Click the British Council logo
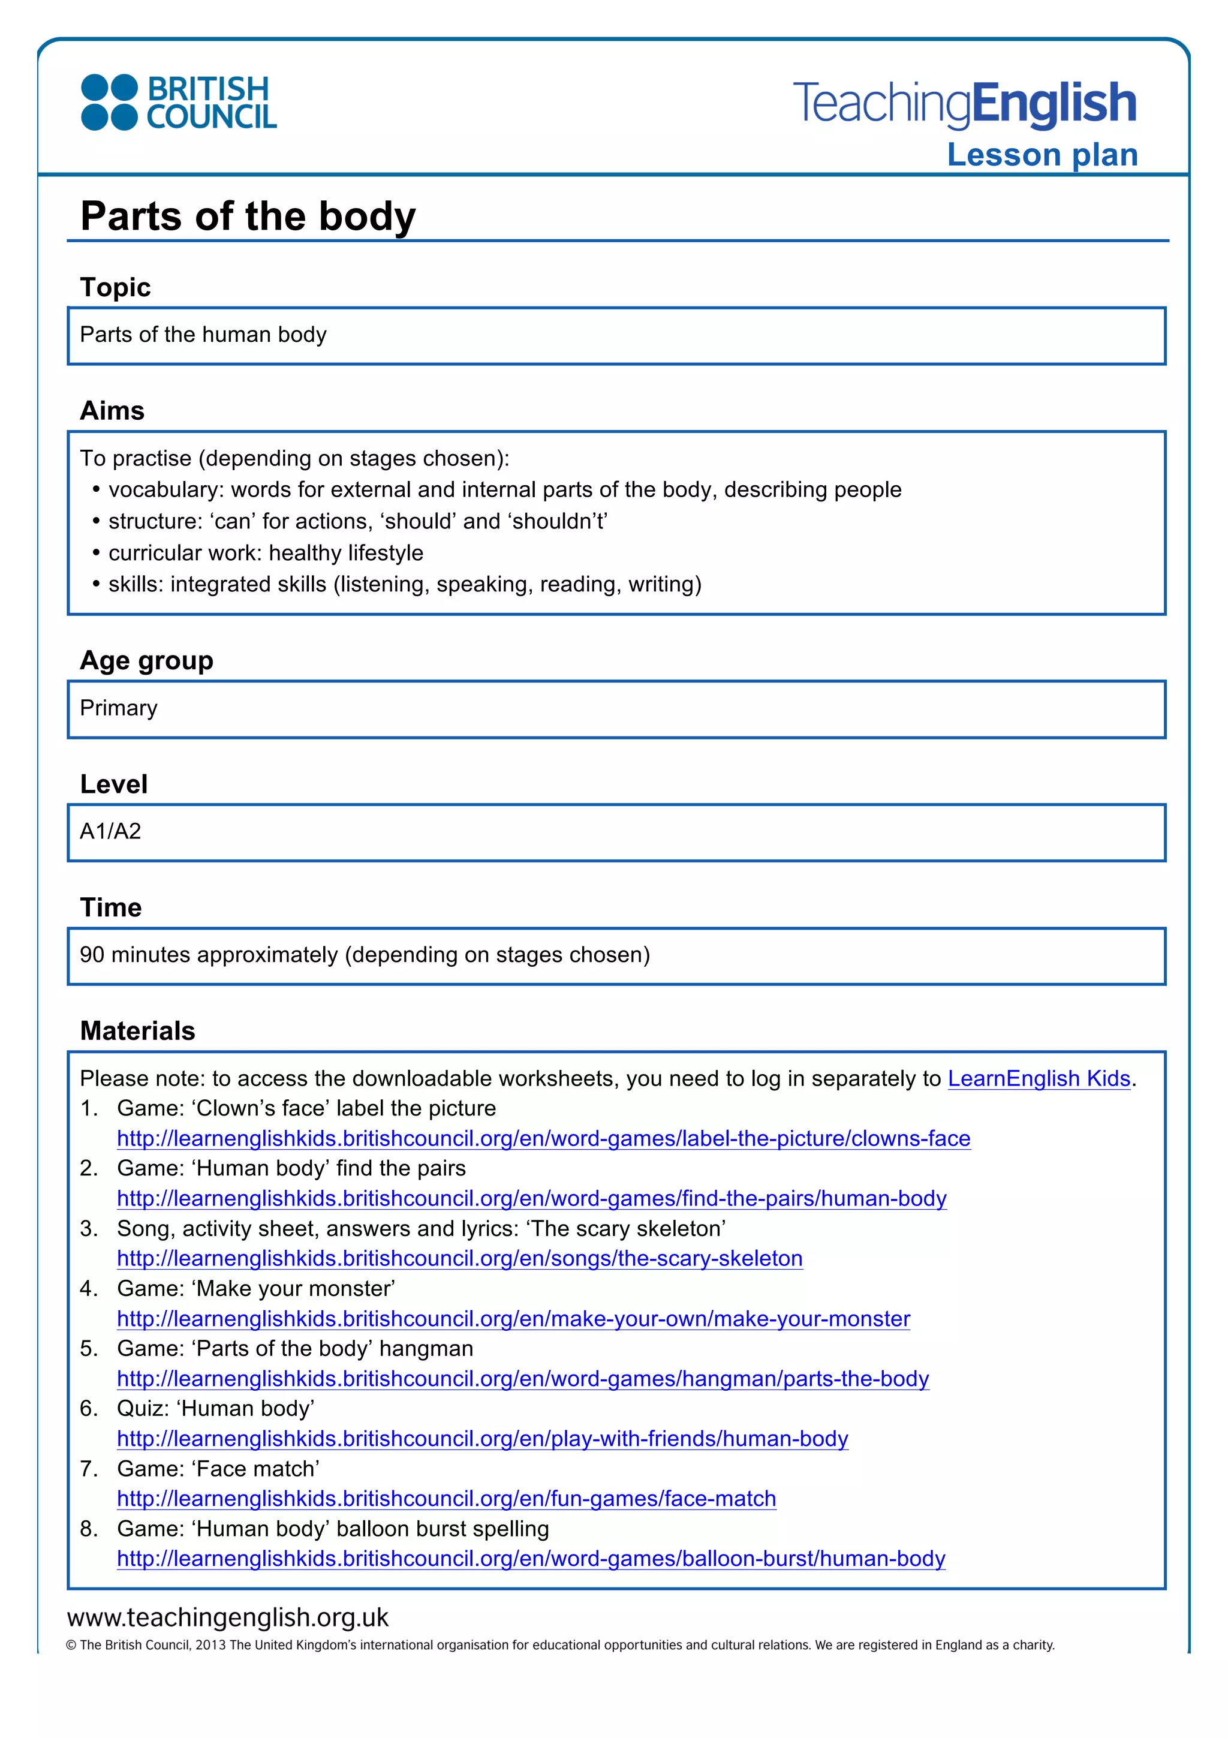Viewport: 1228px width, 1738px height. (x=179, y=102)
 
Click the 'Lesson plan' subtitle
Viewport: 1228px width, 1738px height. (x=1042, y=155)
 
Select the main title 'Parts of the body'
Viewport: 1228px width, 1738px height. (x=248, y=217)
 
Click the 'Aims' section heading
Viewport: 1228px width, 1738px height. (x=112, y=411)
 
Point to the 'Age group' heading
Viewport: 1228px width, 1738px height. (x=147, y=661)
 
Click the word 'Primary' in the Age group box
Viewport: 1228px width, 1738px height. (x=119, y=708)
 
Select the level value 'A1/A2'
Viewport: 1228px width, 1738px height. (x=110, y=832)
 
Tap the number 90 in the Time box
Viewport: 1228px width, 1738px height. (x=92, y=955)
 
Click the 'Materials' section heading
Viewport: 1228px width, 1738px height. (x=138, y=1031)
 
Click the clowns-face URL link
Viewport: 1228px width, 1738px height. (x=543, y=1138)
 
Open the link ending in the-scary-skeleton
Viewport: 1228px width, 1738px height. (x=459, y=1259)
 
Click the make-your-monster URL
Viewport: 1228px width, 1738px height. (x=513, y=1319)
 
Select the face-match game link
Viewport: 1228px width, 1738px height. (x=446, y=1499)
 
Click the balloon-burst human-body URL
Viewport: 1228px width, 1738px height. (x=531, y=1559)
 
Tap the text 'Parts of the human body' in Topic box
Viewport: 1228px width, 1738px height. (x=203, y=335)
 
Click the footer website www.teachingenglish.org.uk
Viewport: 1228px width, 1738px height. (x=228, y=1617)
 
